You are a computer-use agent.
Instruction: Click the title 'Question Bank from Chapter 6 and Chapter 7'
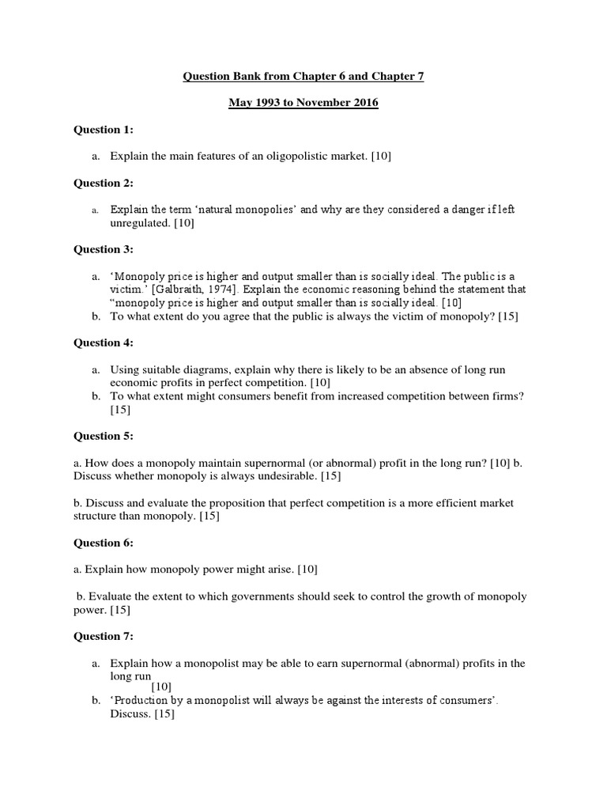[x=303, y=77]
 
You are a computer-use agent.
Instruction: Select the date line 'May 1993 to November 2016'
[x=303, y=103]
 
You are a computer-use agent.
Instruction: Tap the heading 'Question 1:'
[x=104, y=130]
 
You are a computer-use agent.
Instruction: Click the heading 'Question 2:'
[x=104, y=183]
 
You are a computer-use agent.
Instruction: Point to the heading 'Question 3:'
[x=104, y=249]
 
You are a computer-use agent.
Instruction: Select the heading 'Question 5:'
[x=104, y=436]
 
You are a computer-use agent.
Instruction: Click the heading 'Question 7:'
[x=104, y=636]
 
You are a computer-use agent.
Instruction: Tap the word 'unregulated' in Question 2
[x=139, y=223]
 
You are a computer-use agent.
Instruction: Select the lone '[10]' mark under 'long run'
[x=161, y=687]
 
